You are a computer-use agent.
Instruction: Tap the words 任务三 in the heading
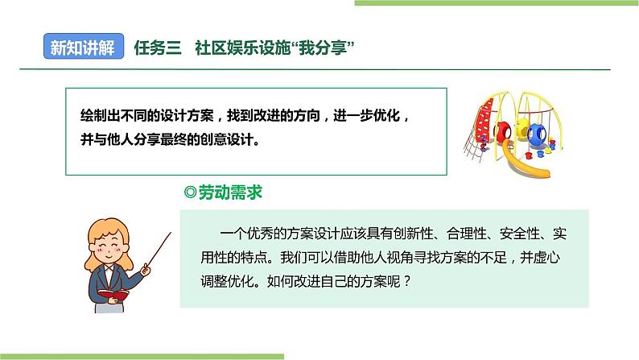[x=159, y=48]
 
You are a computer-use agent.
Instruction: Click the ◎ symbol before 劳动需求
[x=191, y=193]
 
